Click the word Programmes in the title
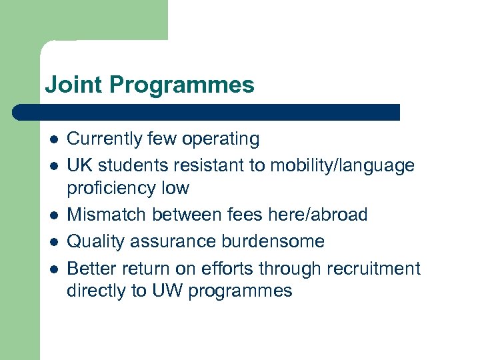pos(182,85)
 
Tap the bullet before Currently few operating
pos(53,140)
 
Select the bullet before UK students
pos(53,165)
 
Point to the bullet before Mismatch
pos(53,216)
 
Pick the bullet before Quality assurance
pos(53,242)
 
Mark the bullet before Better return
pos(53,269)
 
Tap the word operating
pos(224,140)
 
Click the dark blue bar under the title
pos(207,112)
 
